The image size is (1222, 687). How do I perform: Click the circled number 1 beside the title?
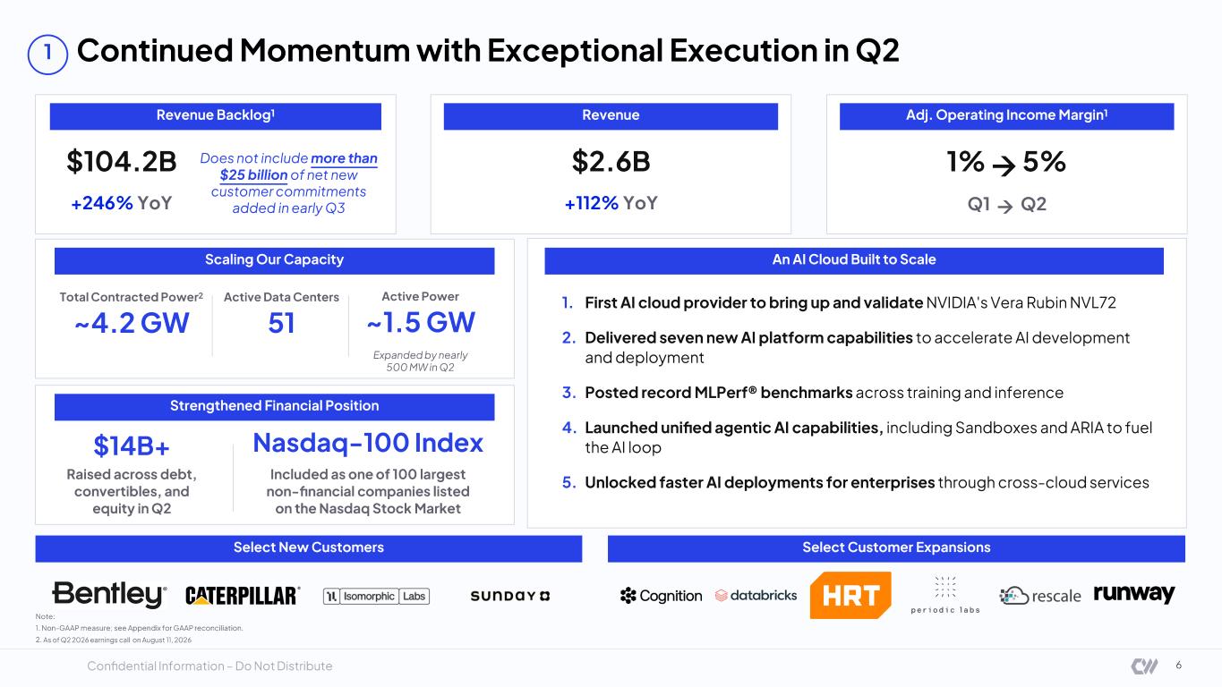coord(48,55)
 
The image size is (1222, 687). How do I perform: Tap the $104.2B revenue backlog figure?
coord(122,161)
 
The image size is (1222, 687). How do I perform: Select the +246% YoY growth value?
coord(121,203)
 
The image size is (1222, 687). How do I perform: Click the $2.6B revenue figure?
coord(611,161)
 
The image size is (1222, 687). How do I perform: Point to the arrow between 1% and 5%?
coord(1004,165)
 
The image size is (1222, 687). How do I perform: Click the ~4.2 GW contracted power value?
coord(132,323)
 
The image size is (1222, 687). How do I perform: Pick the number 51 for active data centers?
coord(281,323)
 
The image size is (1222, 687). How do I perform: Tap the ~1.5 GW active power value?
coord(421,322)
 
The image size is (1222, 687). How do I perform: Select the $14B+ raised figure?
coord(132,446)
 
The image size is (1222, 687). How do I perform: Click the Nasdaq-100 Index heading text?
coord(368,443)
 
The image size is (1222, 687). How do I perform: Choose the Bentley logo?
coord(109,594)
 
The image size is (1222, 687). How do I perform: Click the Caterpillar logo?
coord(243,596)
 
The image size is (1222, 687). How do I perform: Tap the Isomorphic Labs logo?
coord(376,597)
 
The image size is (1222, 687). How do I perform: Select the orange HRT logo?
coord(850,596)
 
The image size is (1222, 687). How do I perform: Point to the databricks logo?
coord(756,596)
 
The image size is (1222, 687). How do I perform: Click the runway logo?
coord(1134,594)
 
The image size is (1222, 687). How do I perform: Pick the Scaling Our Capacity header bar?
coord(275,260)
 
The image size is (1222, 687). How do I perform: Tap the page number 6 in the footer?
coord(1178,666)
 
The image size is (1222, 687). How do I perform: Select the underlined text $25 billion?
coord(253,175)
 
